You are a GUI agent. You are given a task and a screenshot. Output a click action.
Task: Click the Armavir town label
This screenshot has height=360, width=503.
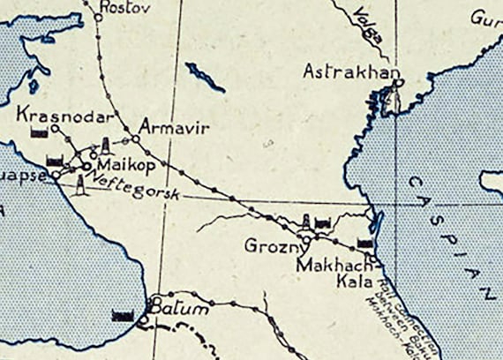pyautogui.click(x=175, y=128)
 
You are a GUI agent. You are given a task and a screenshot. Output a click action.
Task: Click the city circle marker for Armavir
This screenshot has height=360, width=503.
pyautogui.click(x=136, y=139)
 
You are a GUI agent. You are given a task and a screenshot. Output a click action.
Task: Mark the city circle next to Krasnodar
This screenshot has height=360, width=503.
pyautogui.click(x=55, y=129)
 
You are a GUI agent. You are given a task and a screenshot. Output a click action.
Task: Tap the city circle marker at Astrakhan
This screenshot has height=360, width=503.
pyautogui.click(x=400, y=83)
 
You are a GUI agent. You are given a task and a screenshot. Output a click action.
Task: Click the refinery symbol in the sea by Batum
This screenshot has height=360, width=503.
pyautogui.click(x=122, y=313)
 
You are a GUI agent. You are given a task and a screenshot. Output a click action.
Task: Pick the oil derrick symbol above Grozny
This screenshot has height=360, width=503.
pyautogui.click(x=307, y=221)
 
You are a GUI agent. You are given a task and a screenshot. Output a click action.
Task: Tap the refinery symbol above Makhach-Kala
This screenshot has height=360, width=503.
pyautogui.click(x=364, y=241)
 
